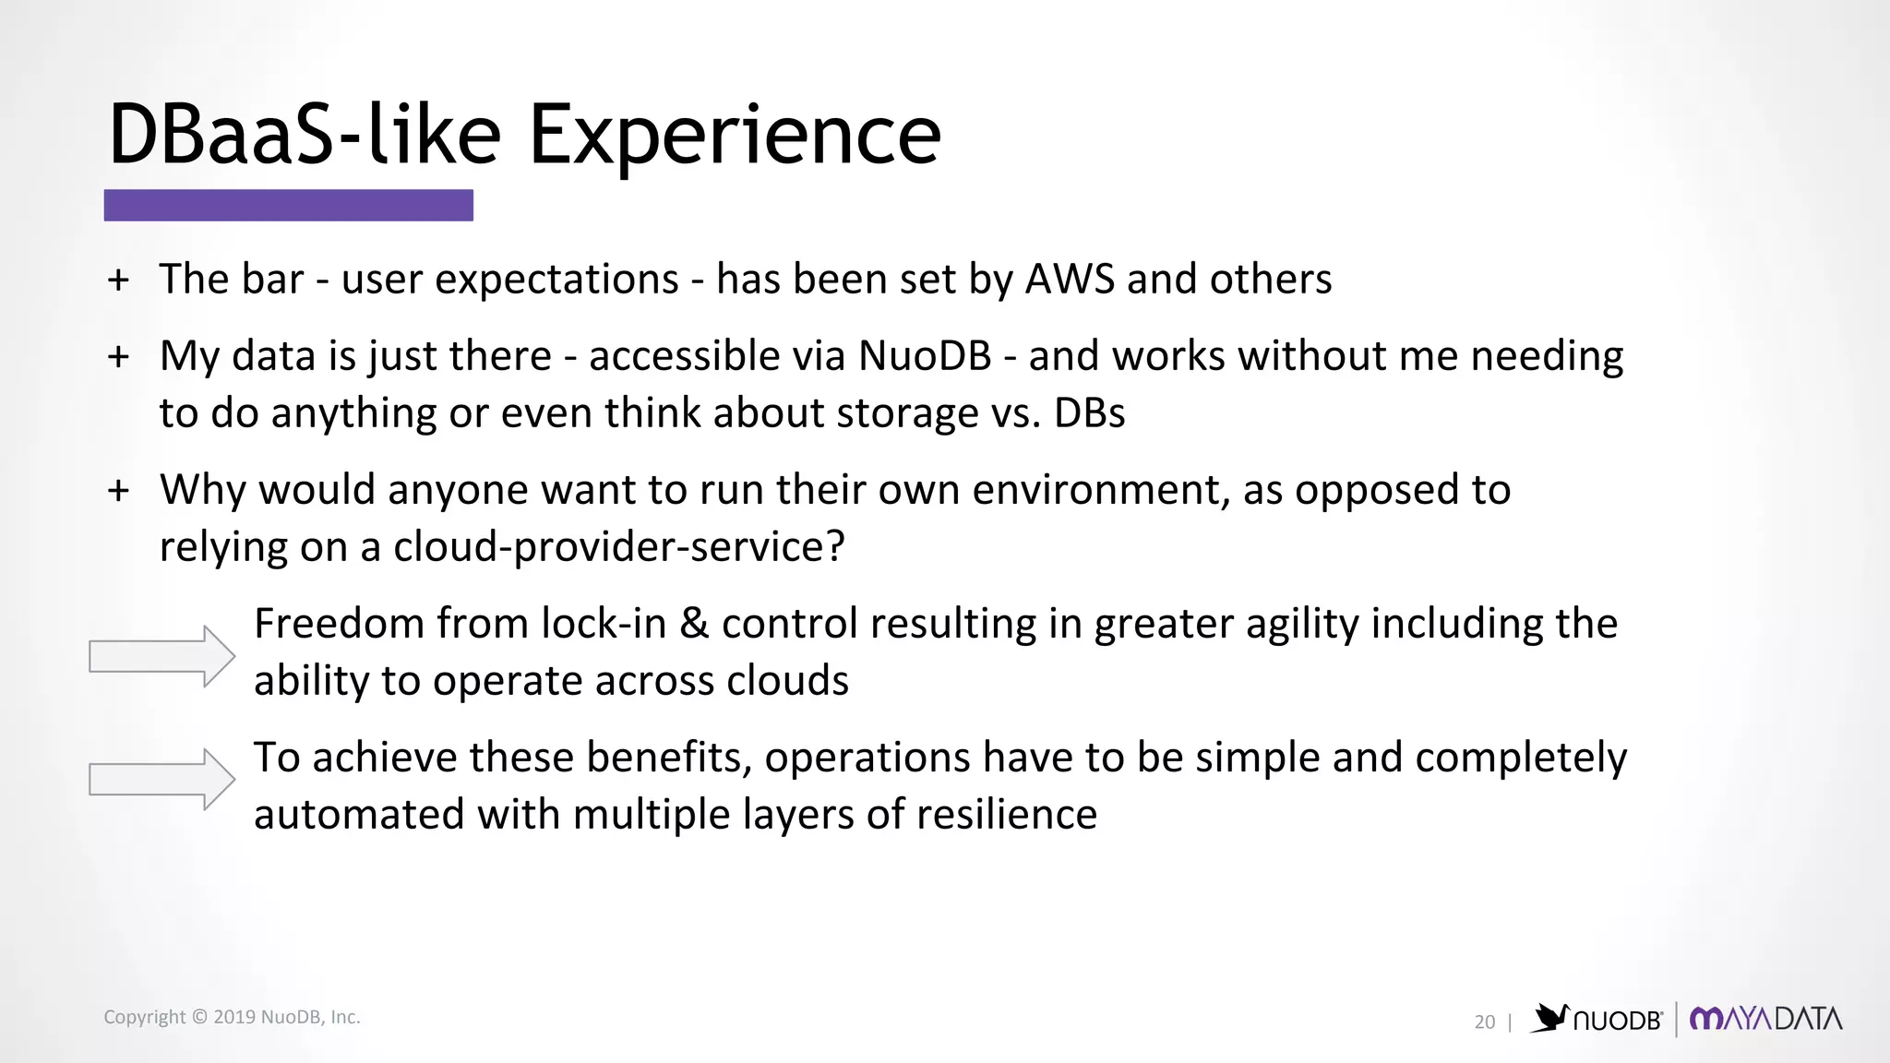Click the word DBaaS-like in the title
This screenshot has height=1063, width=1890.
pos(305,135)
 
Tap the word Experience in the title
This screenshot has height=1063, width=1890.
pos(734,135)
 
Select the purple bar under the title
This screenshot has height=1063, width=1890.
pos(288,205)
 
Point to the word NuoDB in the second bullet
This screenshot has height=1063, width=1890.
pos(925,356)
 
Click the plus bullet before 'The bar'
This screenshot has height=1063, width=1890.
pos(118,280)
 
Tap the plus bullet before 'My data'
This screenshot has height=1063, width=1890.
pos(118,357)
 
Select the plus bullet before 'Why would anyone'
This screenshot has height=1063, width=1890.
pos(118,491)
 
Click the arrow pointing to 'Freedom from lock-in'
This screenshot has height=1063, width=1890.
pos(161,656)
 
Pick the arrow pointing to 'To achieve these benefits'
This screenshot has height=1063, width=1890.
pos(161,779)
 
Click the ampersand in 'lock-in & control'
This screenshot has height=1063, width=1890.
pos(694,624)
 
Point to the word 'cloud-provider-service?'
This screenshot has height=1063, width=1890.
pos(618,547)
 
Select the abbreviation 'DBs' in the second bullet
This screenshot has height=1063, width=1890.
pos(1089,413)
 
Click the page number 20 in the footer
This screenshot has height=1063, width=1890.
pos(1484,1022)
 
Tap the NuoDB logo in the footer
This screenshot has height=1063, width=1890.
pos(1597,1019)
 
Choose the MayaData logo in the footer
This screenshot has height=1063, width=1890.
pos(1765,1019)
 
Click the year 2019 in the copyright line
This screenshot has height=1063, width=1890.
pos(234,1017)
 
